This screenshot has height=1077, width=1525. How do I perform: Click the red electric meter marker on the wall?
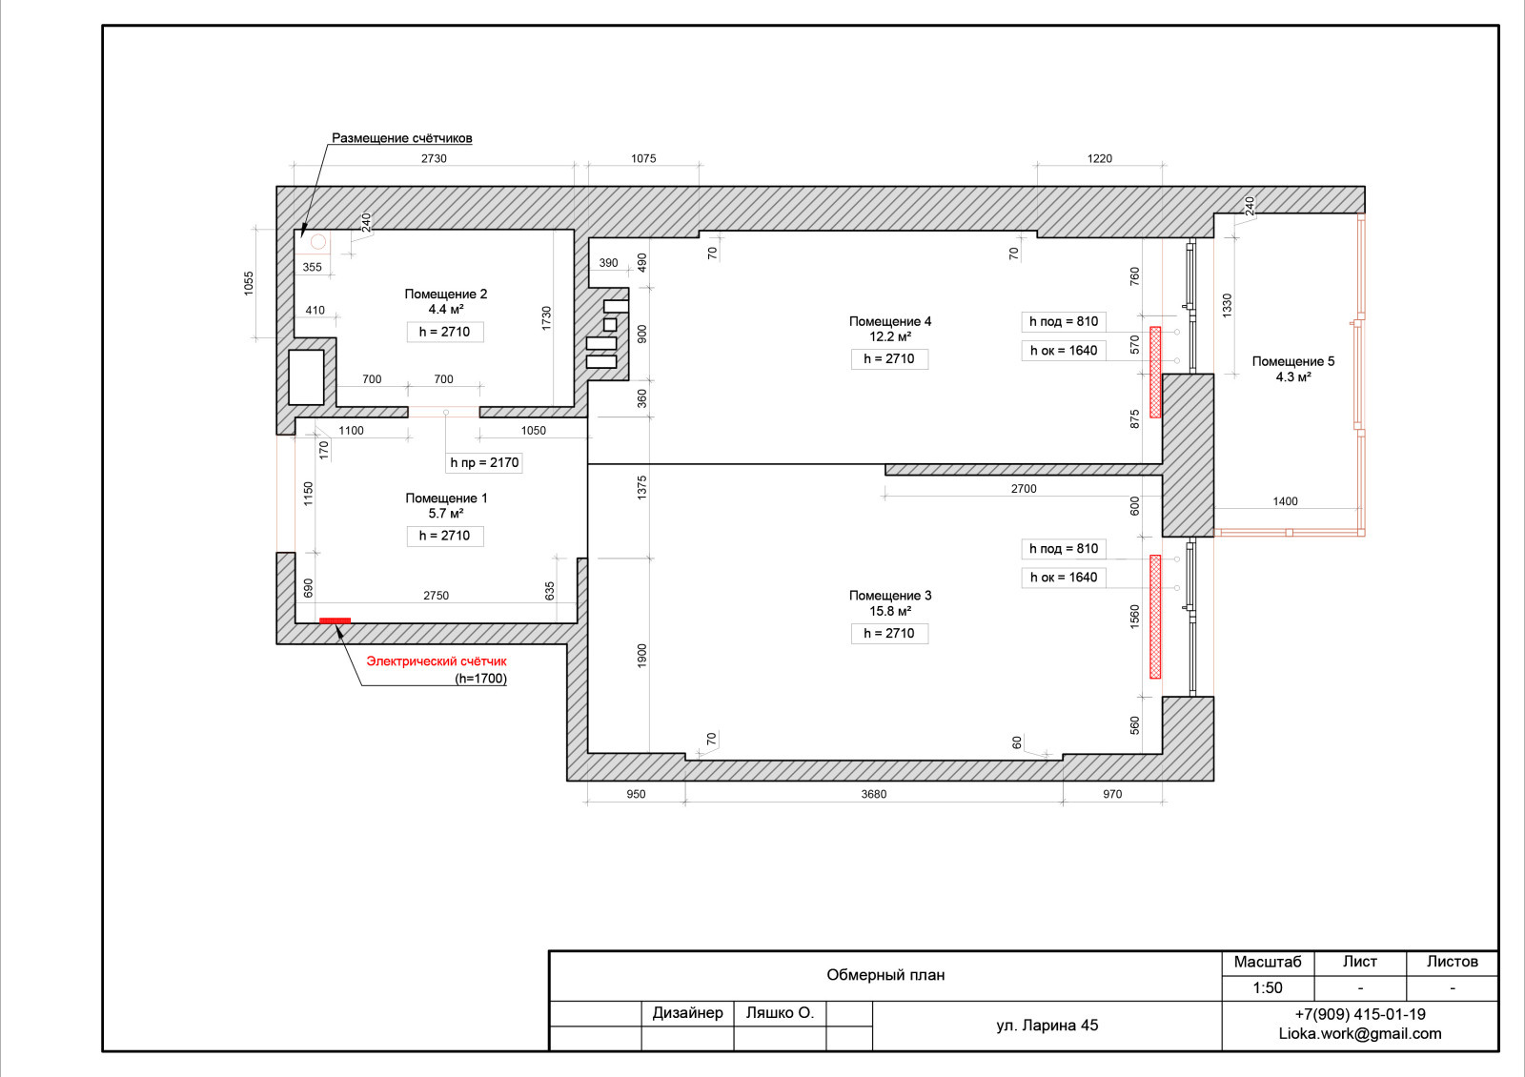pos(335,620)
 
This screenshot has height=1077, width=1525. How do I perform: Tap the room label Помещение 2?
pos(446,295)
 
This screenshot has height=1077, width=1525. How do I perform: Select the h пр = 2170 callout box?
pos(484,463)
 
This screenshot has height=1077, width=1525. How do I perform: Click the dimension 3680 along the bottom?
pos(873,794)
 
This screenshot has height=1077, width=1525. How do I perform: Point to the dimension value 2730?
pos(434,158)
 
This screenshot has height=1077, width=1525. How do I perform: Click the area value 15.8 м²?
pos(890,611)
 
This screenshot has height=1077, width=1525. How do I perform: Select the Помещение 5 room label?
pos(1292,361)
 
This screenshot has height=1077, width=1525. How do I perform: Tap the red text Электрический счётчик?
pos(437,661)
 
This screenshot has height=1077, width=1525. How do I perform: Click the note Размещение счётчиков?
pos(401,138)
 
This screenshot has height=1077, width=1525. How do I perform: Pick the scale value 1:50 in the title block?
pos(1268,987)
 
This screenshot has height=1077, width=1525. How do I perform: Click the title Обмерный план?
pos(885,975)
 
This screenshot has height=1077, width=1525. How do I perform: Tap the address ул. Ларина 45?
pos(1047,1026)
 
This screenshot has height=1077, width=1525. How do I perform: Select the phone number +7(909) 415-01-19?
pos(1360,1014)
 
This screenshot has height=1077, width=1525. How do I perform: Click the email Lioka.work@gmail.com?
pos(1360,1033)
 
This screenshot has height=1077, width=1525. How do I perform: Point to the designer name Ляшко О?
pos(780,1013)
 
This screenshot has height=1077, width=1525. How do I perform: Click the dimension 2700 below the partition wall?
pos(1024,489)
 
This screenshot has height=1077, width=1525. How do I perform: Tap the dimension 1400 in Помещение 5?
pos(1286,501)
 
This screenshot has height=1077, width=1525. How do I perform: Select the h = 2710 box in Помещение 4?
pos(889,358)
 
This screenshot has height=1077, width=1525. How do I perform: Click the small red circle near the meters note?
pos(318,242)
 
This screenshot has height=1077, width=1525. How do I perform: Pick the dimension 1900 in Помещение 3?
pos(642,657)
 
